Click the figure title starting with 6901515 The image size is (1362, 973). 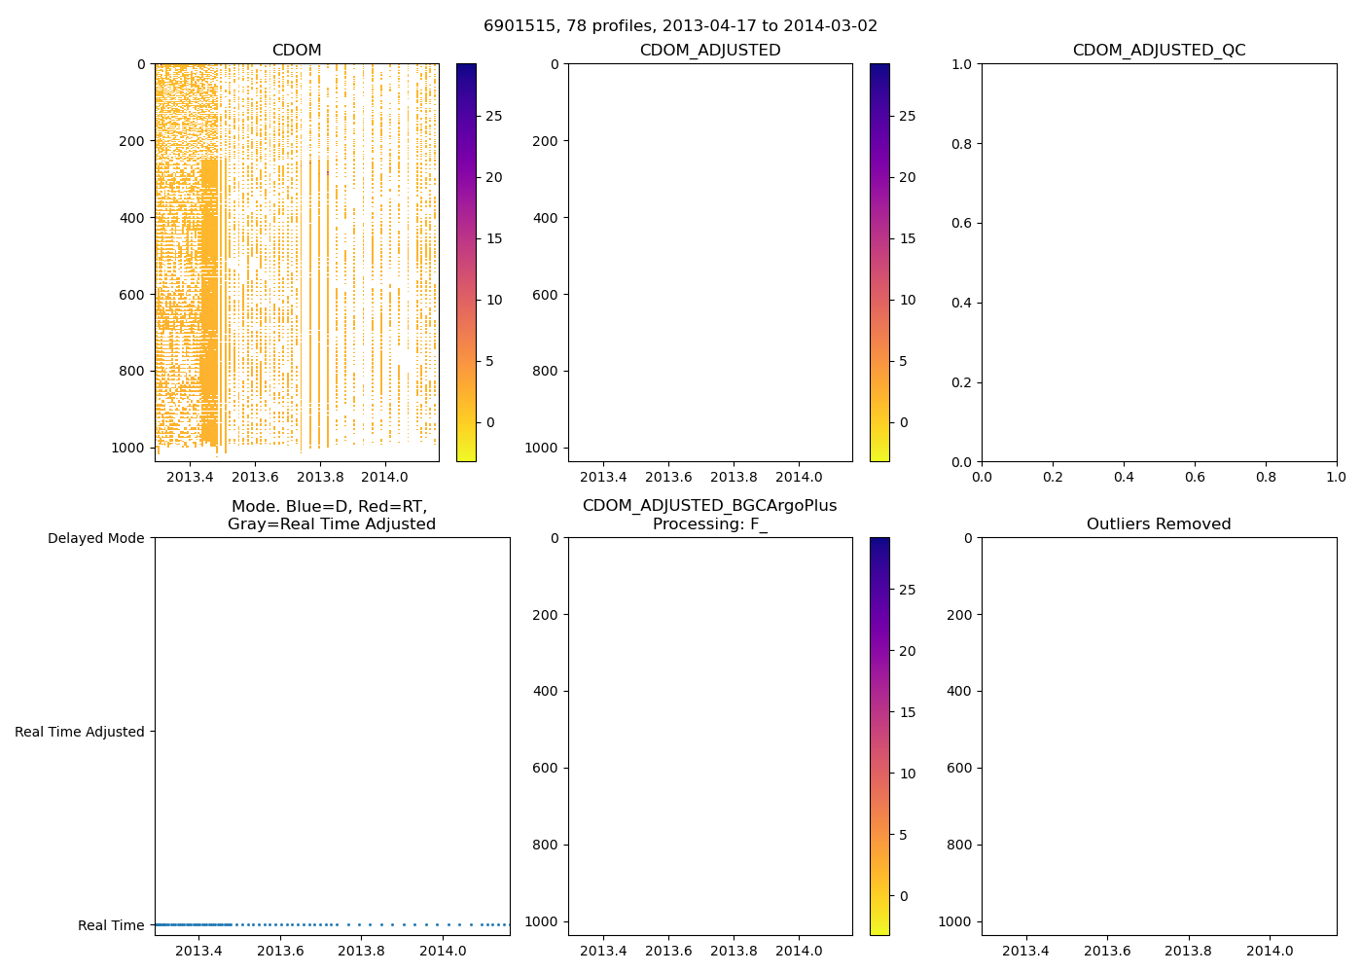pyautogui.click(x=680, y=25)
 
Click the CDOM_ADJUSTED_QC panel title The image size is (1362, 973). pyautogui.click(x=1159, y=51)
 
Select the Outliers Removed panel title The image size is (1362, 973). pyautogui.click(x=1159, y=524)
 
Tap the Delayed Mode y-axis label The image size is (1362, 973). pyautogui.click(x=95, y=538)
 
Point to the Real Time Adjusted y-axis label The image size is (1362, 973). pyautogui.click(x=80, y=732)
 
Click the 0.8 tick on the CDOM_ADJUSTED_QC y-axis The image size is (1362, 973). pyautogui.click(x=962, y=144)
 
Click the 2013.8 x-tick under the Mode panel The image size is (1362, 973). pyautogui.click(x=362, y=951)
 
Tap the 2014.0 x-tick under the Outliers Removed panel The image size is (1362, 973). pyautogui.click(x=1270, y=951)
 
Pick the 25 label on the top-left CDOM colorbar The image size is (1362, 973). pyautogui.click(x=494, y=116)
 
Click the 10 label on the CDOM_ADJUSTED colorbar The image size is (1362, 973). pyautogui.click(x=908, y=300)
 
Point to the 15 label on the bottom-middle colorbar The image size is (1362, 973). pyautogui.click(x=908, y=712)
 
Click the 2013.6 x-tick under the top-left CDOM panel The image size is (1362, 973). pyautogui.click(x=255, y=477)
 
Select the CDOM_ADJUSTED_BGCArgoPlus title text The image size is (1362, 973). pyautogui.click(x=709, y=506)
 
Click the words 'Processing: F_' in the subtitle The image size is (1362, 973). pyautogui.click(x=709, y=524)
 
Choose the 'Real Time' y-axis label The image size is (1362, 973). pyautogui.click(x=111, y=925)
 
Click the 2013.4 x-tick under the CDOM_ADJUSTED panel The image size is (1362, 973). pyautogui.click(x=603, y=477)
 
